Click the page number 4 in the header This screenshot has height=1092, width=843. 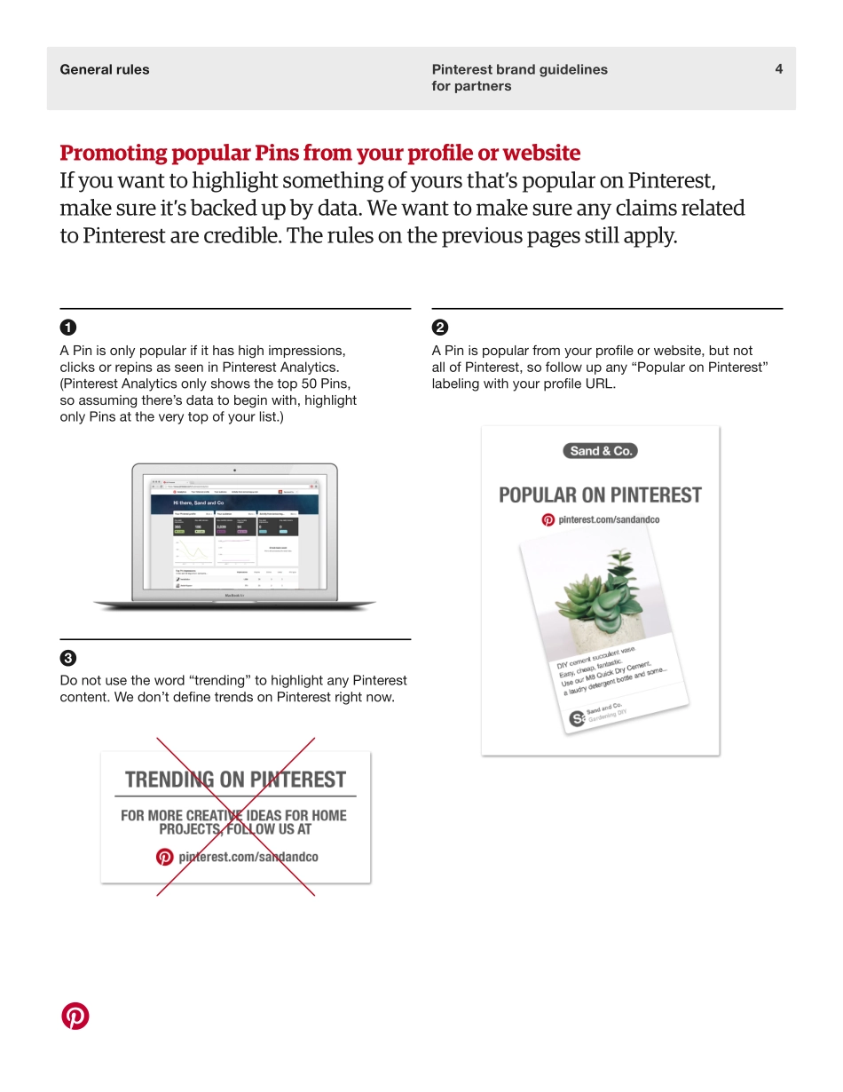click(x=778, y=69)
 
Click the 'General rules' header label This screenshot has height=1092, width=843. click(x=105, y=69)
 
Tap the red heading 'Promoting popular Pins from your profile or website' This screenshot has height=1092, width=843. click(x=319, y=153)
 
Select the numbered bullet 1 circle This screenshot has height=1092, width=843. click(x=67, y=327)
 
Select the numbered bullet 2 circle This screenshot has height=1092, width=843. click(x=440, y=327)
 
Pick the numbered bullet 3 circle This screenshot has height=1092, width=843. click(x=67, y=658)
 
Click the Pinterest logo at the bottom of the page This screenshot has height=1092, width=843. click(x=75, y=1016)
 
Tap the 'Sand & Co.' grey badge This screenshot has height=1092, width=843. click(x=600, y=451)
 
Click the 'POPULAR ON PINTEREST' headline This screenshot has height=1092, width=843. click(x=600, y=495)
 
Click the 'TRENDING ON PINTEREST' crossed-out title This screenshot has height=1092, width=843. click(x=235, y=779)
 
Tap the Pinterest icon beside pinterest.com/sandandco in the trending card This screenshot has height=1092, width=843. click(x=164, y=857)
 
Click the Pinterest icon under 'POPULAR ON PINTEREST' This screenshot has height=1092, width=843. click(x=548, y=520)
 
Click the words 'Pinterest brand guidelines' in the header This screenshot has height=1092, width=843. click(x=519, y=69)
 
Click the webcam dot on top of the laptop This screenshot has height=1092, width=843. click(x=234, y=470)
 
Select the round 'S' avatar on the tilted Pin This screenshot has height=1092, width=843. click(x=577, y=719)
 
